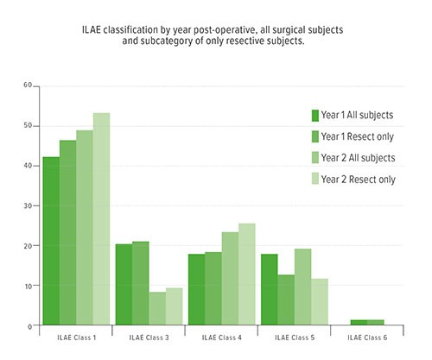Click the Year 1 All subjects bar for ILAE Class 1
(x=51, y=241)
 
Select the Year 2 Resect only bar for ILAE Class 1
(x=101, y=219)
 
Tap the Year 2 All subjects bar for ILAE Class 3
(x=157, y=308)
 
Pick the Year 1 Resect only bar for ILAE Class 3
(x=141, y=283)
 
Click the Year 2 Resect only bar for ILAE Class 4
(x=246, y=274)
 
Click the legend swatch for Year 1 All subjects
(x=315, y=116)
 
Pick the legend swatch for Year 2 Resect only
(x=315, y=180)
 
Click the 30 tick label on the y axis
(x=28, y=205)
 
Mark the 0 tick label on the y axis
(x=29, y=325)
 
